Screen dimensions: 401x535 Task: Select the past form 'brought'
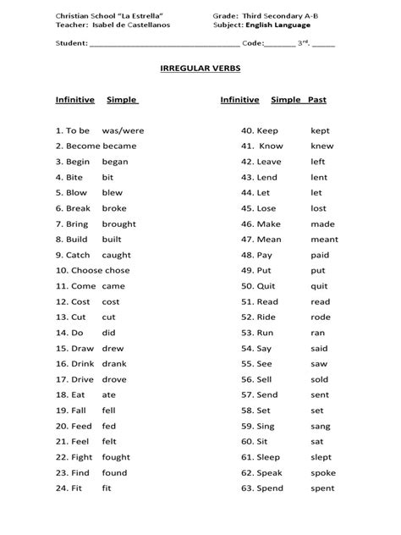coord(119,224)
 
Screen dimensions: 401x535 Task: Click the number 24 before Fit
coord(61,488)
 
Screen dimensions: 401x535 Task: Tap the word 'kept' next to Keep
coord(321,131)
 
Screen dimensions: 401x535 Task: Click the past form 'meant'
coord(325,240)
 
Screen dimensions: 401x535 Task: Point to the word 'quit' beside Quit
coord(319,286)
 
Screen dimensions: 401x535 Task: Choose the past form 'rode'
coord(321,317)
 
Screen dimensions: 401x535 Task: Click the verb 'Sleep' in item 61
coord(272,457)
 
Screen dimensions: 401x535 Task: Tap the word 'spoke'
coord(323,472)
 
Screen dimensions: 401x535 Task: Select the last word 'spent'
coord(323,488)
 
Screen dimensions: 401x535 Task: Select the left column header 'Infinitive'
coord(74,100)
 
